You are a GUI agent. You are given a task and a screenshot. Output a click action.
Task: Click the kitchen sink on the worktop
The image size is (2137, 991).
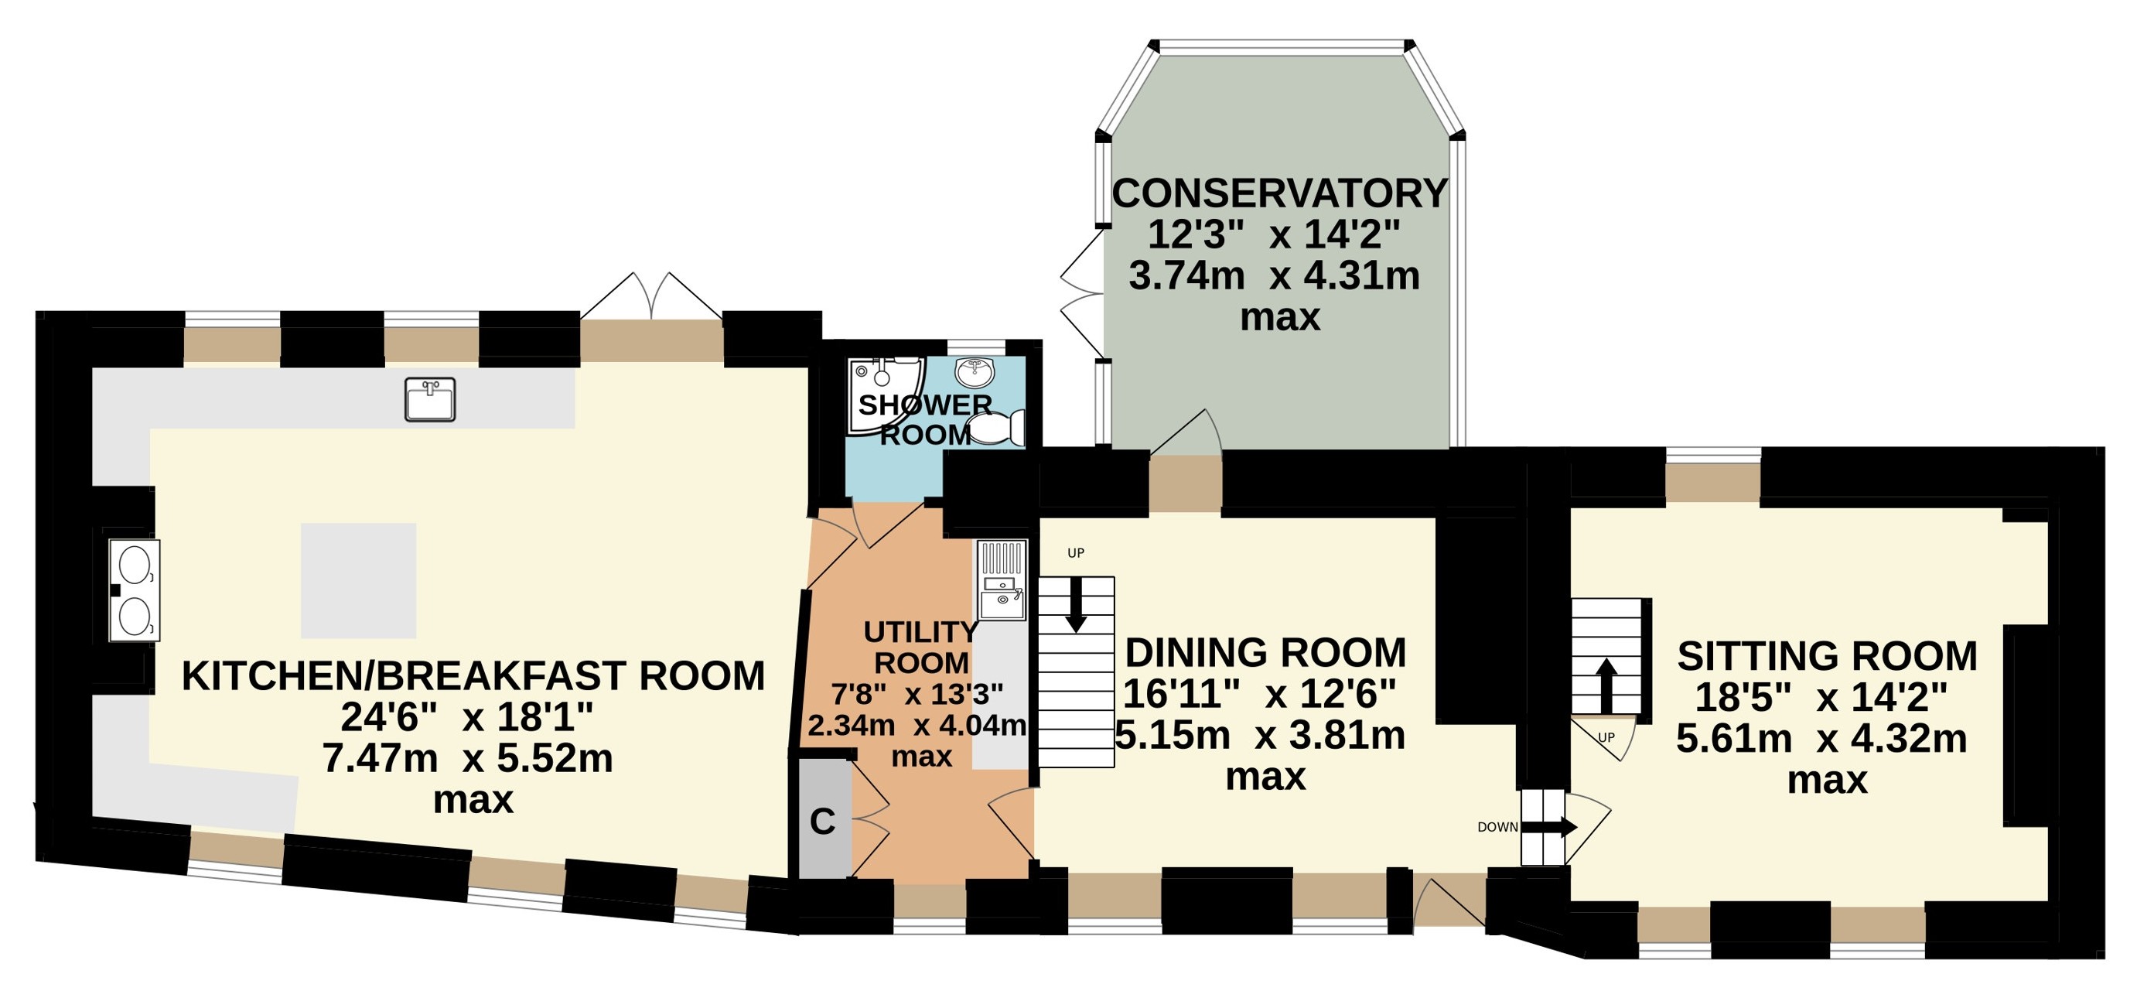[x=430, y=399]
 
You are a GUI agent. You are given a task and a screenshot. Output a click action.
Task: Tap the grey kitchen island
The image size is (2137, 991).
[x=358, y=580]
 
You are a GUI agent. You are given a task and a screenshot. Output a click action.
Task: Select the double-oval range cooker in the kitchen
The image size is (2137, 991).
[x=135, y=590]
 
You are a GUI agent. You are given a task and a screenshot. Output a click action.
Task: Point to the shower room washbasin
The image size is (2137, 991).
[x=975, y=373]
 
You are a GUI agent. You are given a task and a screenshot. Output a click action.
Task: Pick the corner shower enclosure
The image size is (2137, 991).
[x=885, y=396]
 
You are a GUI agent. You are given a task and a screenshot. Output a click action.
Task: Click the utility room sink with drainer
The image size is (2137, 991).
[x=1002, y=580]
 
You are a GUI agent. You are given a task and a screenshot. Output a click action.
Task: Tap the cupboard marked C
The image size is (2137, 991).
[x=824, y=818]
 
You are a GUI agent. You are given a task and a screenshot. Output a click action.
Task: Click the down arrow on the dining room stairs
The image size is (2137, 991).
[x=1076, y=604]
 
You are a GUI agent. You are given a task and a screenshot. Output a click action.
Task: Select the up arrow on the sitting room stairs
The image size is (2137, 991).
[x=1607, y=685]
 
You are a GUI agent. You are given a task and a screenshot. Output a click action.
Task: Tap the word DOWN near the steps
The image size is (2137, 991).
[x=1497, y=828]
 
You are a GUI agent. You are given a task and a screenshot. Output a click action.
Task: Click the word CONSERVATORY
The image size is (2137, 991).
[x=1279, y=193]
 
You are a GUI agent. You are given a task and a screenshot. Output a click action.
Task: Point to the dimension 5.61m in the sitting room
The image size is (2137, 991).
[x=1734, y=738]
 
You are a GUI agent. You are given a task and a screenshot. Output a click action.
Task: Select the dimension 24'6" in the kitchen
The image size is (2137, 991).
[x=388, y=717]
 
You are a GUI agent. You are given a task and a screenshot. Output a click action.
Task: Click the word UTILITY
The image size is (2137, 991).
[x=921, y=633]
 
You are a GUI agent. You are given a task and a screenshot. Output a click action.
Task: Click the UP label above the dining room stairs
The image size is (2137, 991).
[x=1076, y=553]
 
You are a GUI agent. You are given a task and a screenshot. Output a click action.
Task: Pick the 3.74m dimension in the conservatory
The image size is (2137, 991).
[x=1186, y=275]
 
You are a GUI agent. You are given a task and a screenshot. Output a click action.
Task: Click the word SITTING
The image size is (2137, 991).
[x=1753, y=657]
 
